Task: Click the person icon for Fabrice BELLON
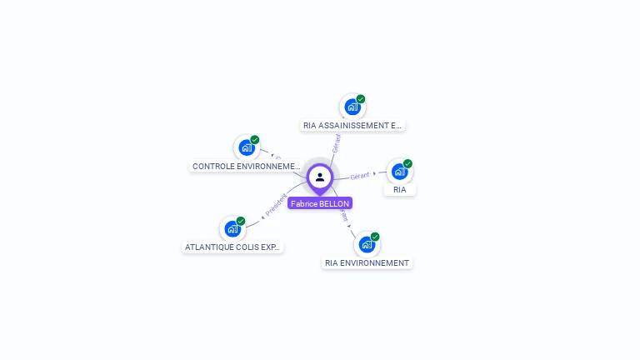(320, 177)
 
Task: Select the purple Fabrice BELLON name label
(320, 203)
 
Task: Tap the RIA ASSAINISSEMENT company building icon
(352, 107)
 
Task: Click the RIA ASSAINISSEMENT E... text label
(352, 126)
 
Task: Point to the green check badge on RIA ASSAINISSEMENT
(361, 99)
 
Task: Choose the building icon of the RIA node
(399, 171)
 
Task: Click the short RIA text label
(400, 190)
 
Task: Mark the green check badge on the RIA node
(407, 163)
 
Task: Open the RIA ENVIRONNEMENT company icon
(367, 244)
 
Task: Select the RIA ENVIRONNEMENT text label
(367, 263)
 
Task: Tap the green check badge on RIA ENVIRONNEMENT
(375, 237)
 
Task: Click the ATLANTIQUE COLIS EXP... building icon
(232, 228)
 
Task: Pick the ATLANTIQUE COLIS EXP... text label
(232, 247)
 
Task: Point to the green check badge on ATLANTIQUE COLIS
(241, 221)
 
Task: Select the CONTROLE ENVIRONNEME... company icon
(247, 147)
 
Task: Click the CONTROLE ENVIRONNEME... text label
(246, 167)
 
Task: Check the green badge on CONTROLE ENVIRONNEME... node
(255, 140)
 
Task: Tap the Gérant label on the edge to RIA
(360, 176)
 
